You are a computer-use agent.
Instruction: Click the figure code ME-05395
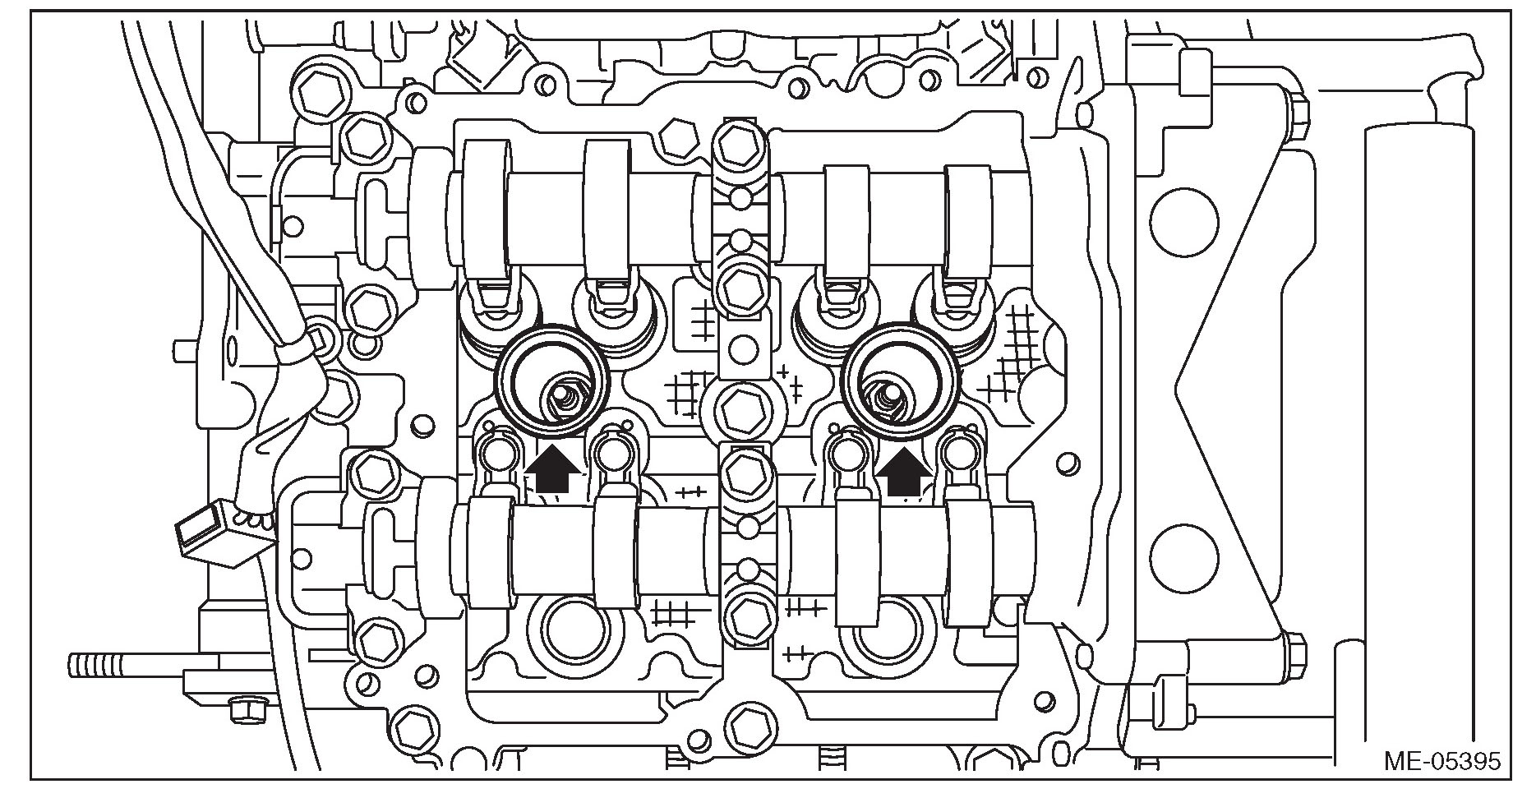click(1441, 760)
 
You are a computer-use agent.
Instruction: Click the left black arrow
click(551, 471)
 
